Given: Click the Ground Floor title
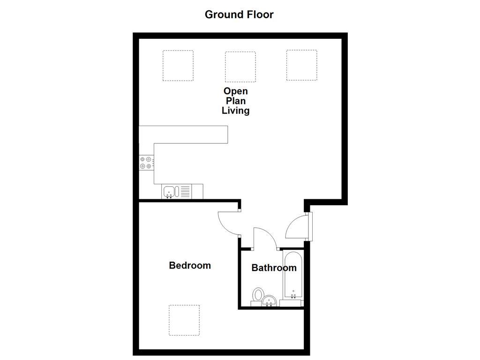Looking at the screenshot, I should [x=239, y=14].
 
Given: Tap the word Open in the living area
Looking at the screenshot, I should [x=235, y=91].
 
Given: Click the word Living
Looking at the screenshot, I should [x=235, y=111].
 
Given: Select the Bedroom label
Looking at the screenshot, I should [x=190, y=265].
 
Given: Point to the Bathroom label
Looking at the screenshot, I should [x=274, y=268].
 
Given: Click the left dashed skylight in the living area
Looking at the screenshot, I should [x=178, y=66].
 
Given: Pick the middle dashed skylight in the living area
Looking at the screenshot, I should [x=240, y=67].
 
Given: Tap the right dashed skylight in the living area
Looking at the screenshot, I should [x=302, y=65].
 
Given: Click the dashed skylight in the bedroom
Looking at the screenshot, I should [x=184, y=320].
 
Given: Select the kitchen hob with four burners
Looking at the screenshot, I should [x=146, y=163].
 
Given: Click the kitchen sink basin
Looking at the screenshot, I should [x=169, y=191].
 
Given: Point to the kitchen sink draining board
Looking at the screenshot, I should [x=185, y=191].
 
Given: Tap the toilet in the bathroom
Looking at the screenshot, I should [x=258, y=295].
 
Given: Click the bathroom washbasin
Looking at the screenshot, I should [x=269, y=300].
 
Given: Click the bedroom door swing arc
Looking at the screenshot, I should [x=227, y=223].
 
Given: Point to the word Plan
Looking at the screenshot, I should [x=235, y=101].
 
